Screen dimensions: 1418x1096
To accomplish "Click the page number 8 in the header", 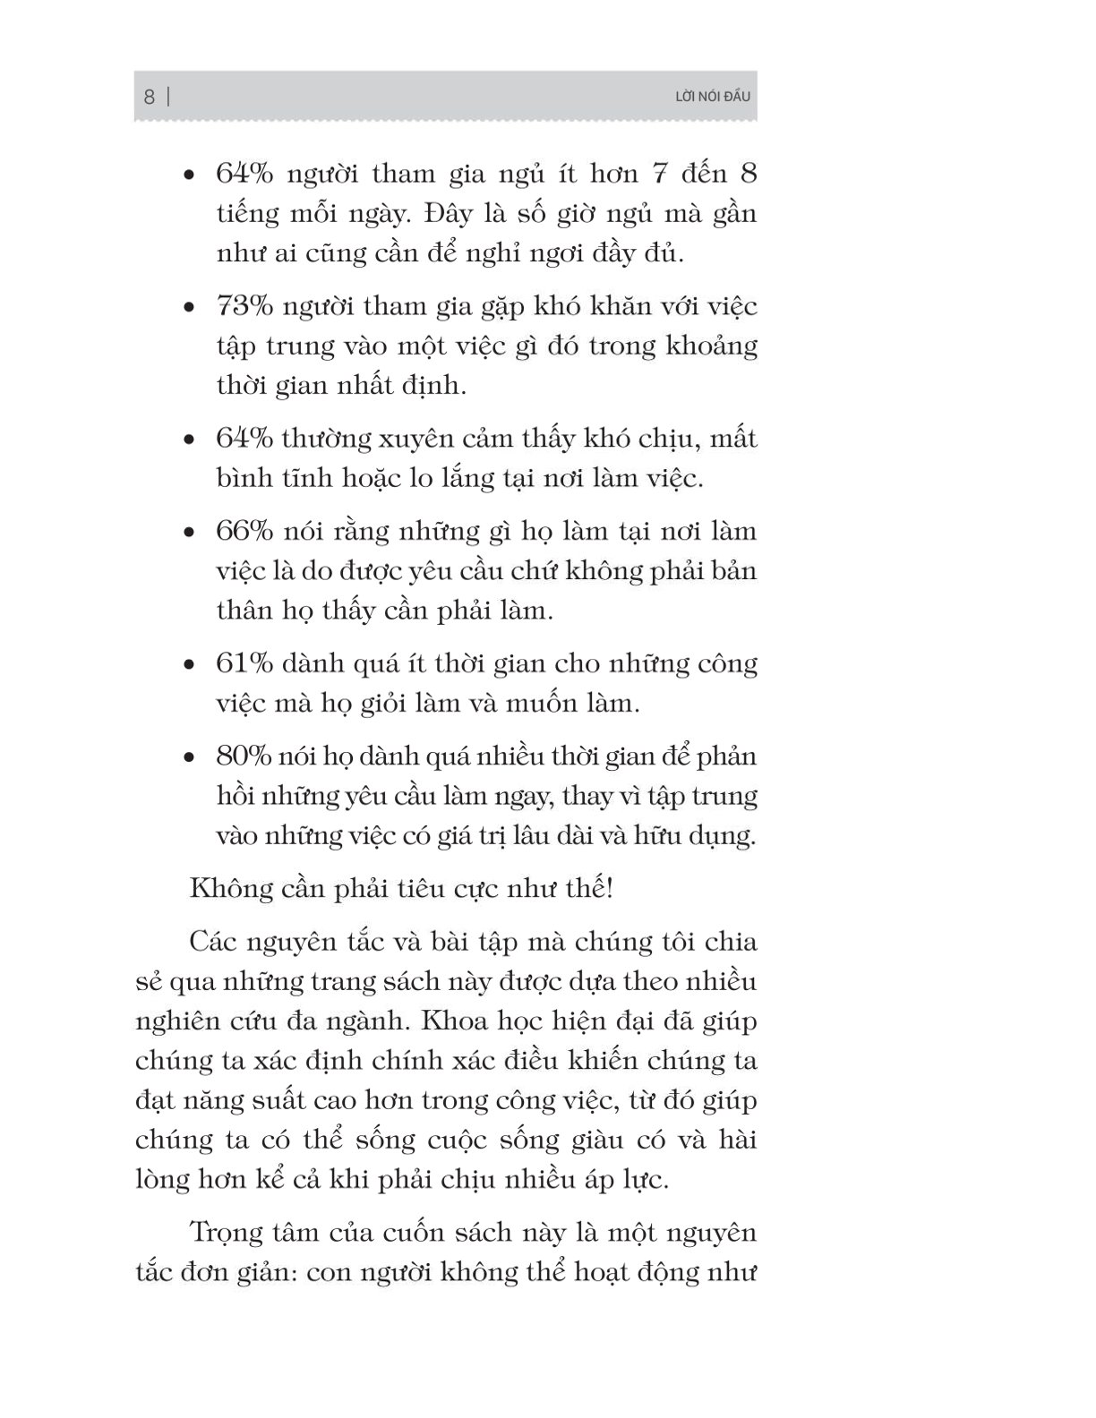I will (150, 97).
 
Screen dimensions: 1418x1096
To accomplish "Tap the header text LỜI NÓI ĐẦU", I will (712, 97).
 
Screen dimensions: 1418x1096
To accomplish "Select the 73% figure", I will (244, 306).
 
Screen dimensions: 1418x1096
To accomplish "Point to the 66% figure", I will (244, 531).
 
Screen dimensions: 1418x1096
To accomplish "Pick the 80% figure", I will (244, 756).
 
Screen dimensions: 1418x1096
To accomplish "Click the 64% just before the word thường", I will (244, 439).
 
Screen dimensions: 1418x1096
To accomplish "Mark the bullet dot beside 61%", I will (188, 666).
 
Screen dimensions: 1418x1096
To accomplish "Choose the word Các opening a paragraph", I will (212, 942).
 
